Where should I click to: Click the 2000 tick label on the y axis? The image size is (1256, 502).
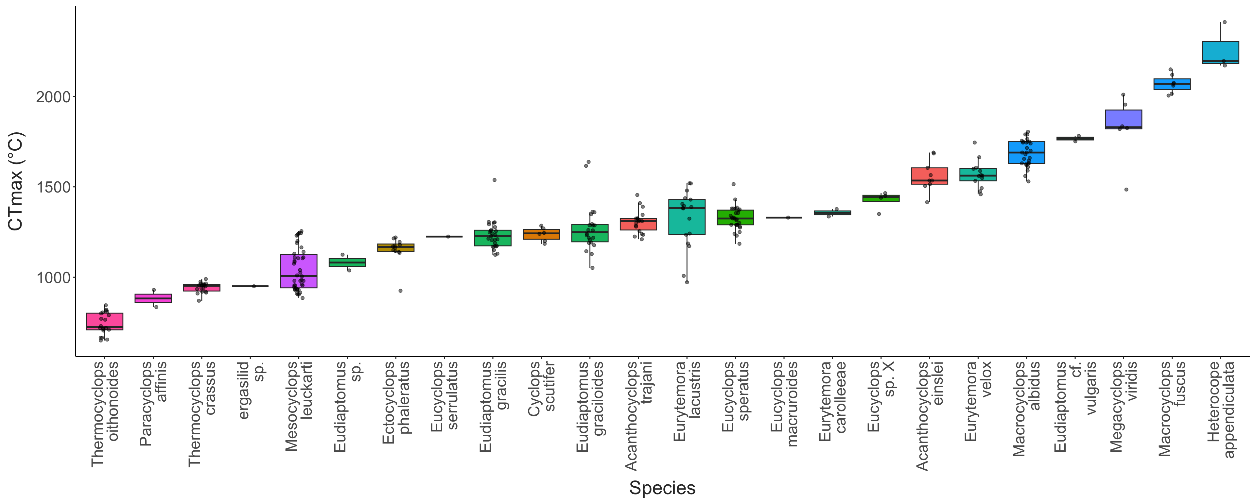[53, 97]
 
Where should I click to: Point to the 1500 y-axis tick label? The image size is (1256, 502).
[53, 187]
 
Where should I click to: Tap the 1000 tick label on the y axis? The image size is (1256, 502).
[53, 277]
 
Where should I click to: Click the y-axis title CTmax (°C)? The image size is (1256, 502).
[16, 181]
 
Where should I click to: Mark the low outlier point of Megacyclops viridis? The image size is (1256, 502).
[1126, 190]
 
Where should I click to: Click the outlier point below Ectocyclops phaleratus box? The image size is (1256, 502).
[400, 291]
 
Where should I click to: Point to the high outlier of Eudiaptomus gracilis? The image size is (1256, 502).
[495, 180]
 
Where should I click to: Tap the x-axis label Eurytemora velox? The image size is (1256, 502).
[978, 401]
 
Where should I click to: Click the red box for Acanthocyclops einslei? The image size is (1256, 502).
[929, 176]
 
